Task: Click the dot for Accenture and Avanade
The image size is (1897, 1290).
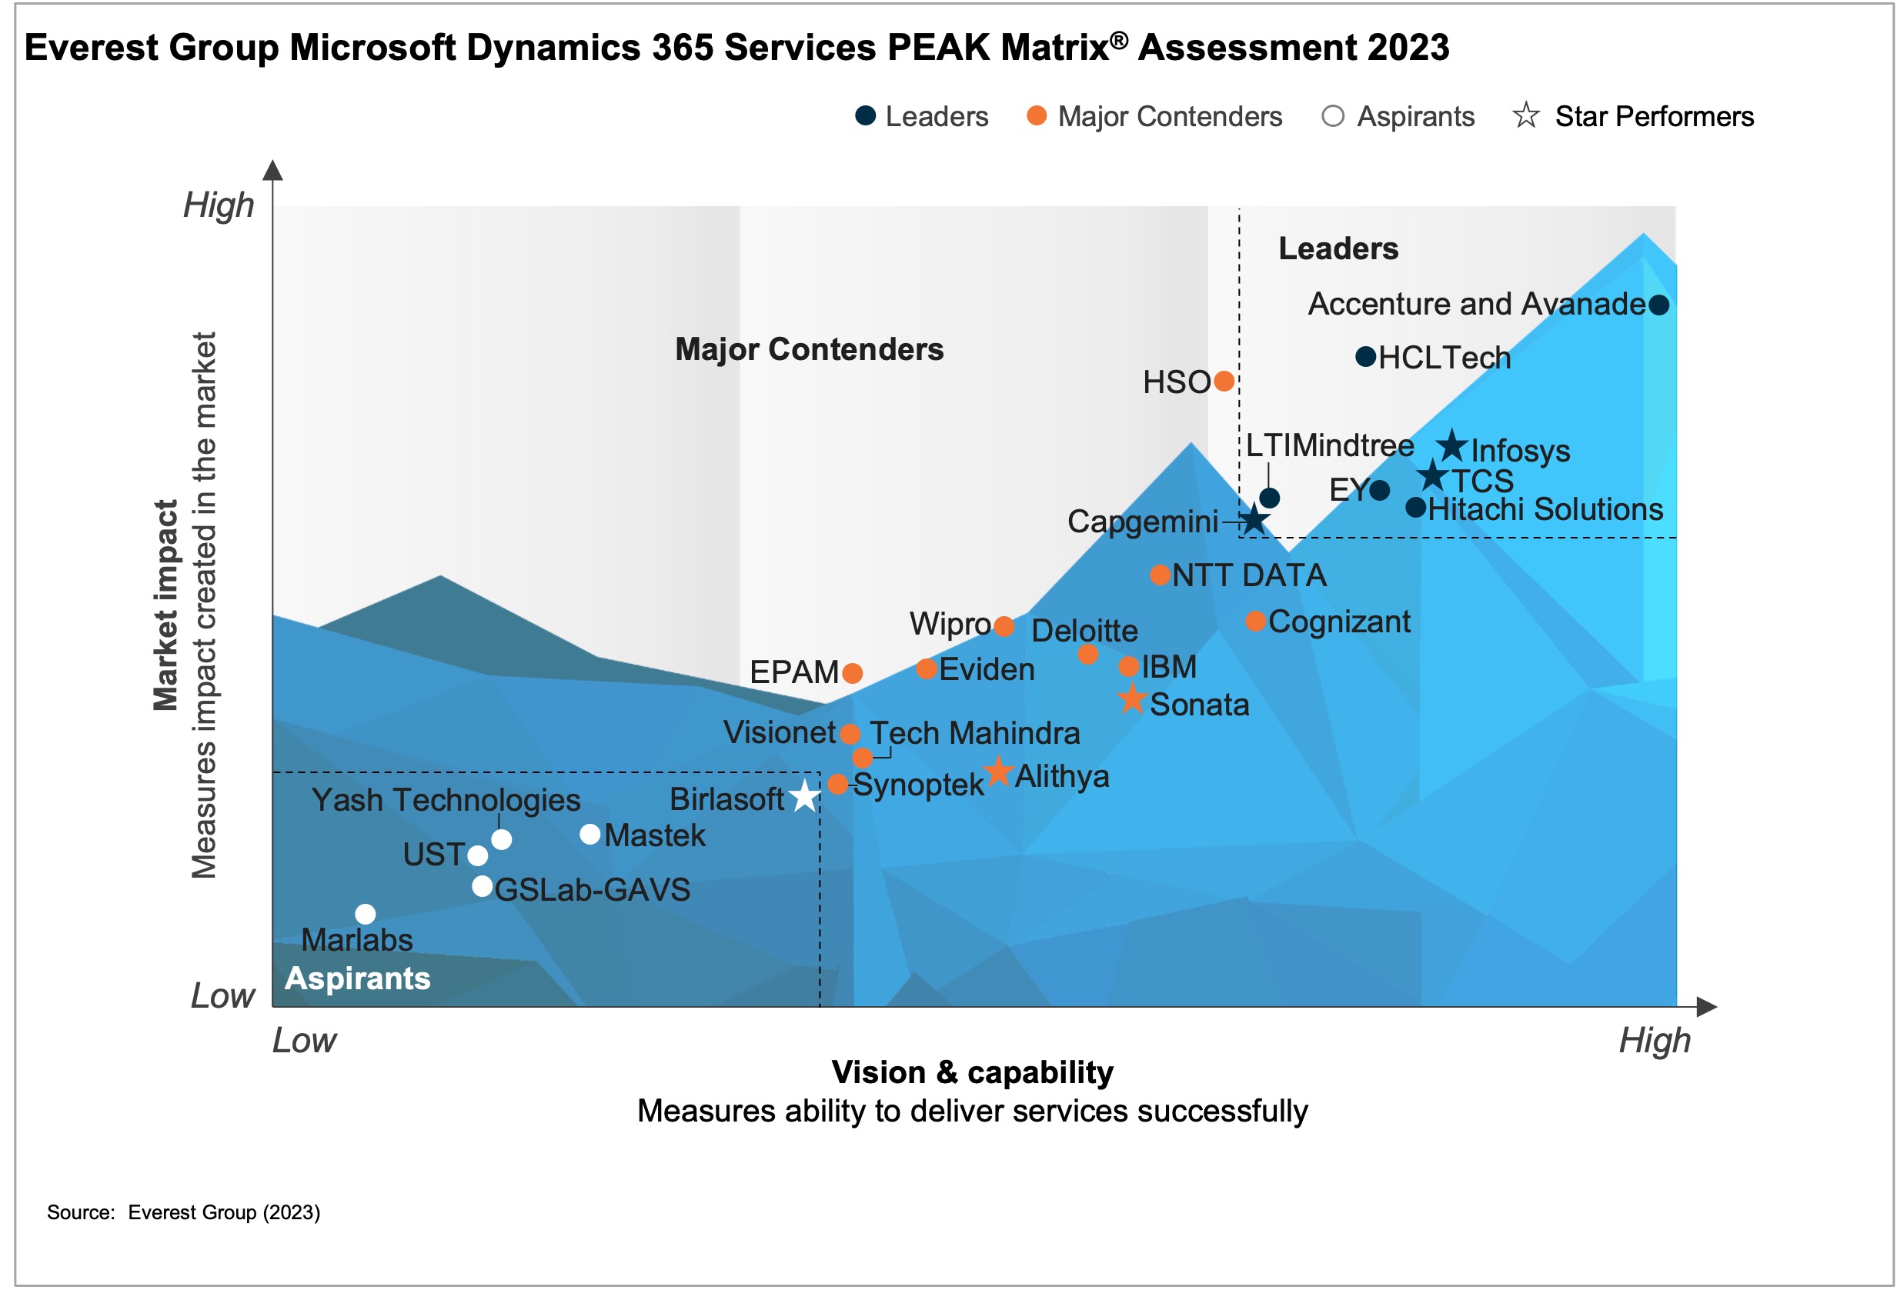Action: tap(1658, 305)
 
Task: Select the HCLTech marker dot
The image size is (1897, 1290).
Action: tap(1364, 357)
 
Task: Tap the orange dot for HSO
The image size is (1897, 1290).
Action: tap(1224, 381)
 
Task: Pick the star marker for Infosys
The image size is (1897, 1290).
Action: tap(1451, 445)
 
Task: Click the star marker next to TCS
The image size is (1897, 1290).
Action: tap(1432, 475)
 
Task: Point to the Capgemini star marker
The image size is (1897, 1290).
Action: tap(1254, 519)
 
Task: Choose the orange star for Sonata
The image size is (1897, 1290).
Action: tap(1131, 699)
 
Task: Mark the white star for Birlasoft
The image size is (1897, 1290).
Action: tap(805, 796)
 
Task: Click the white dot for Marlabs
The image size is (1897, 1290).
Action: tap(366, 914)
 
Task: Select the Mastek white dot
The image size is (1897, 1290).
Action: tap(590, 834)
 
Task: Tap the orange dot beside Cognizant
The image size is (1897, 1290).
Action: tap(1255, 621)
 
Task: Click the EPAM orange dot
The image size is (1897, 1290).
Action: tap(852, 673)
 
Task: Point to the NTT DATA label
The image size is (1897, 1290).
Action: tap(1249, 576)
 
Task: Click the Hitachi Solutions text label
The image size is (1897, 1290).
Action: tap(1545, 509)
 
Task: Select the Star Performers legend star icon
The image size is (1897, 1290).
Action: tap(1525, 116)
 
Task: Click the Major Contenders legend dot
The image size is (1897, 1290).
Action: tap(1037, 116)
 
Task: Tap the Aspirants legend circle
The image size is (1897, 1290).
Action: tap(1332, 116)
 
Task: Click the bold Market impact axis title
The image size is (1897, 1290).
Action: tap(165, 605)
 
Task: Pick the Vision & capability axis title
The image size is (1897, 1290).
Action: tap(972, 1072)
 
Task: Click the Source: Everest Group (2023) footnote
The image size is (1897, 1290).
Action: tap(184, 1212)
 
